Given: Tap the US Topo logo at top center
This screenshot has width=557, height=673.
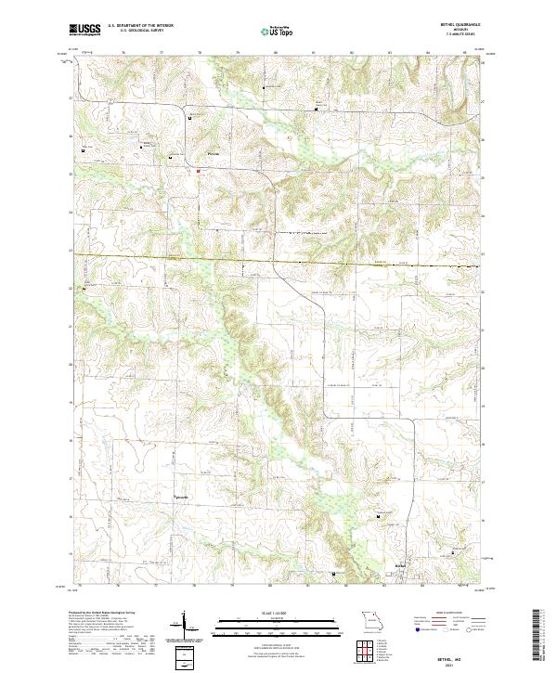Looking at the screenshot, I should pyautogui.click(x=278, y=32).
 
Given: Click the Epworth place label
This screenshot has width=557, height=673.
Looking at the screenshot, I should pyautogui.click(x=182, y=495).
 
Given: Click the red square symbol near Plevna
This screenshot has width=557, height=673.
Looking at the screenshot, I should pyautogui.click(x=197, y=170).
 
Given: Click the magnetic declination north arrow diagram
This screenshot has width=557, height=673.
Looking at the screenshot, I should pyautogui.click(x=186, y=624).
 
